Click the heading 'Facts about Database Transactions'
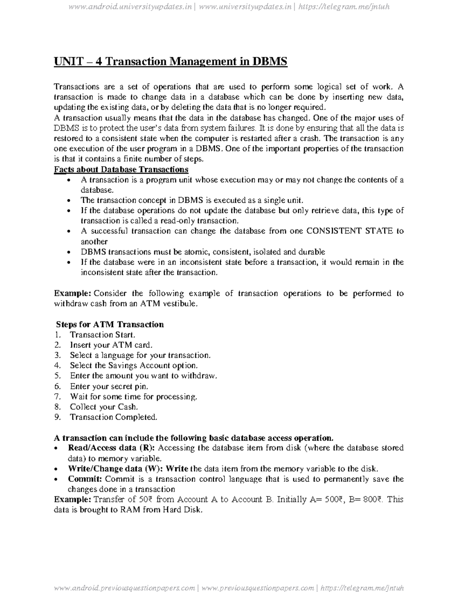pos(121,169)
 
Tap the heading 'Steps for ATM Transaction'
pos(110,324)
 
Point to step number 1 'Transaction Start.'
pos(102,335)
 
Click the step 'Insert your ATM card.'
pos(111,345)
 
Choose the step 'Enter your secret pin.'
pos(109,386)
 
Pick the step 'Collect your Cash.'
pos(103,407)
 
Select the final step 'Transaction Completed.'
pos(113,417)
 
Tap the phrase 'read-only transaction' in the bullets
pos(201,221)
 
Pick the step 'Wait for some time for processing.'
pos(134,396)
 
